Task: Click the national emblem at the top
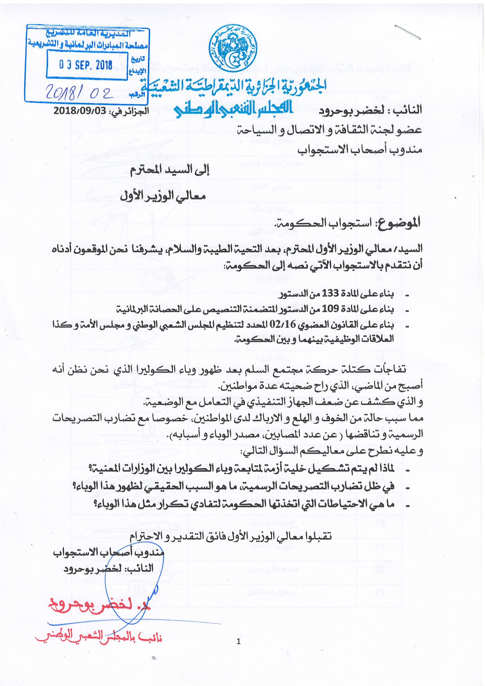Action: pyautogui.click(x=233, y=49)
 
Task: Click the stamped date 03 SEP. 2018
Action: pyautogui.click(x=86, y=65)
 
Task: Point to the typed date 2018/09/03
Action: pyautogui.click(x=80, y=110)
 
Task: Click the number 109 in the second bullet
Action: pyautogui.click(x=330, y=309)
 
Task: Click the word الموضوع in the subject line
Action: pyautogui.click(x=399, y=223)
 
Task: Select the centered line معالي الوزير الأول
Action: pyautogui.click(x=163, y=195)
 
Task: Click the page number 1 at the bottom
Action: pyautogui.click(x=239, y=641)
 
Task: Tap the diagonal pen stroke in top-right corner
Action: pyautogui.click(x=407, y=32)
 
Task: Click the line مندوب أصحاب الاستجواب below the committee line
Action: pyautogui.click(x=359, y=149)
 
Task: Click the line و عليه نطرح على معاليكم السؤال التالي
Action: pyautogui.click(x=332, y=451)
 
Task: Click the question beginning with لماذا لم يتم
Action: pyautogui.click(x=241, y=468)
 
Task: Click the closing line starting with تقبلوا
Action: pyautogui.click(x=231, y=536)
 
